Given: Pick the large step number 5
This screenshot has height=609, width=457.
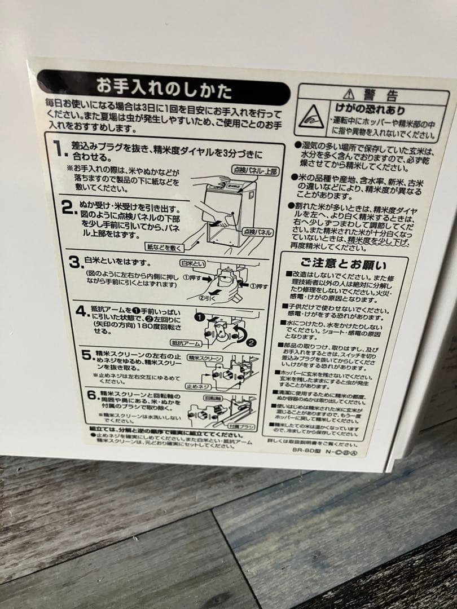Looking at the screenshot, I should [86, 355].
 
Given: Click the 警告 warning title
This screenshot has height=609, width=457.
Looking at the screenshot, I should [376, 94].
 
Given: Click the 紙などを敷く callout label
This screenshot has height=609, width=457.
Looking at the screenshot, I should [163, 247].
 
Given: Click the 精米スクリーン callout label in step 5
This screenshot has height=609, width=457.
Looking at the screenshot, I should [205, 358].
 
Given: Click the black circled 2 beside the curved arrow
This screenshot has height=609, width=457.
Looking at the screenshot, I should [250, 341].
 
